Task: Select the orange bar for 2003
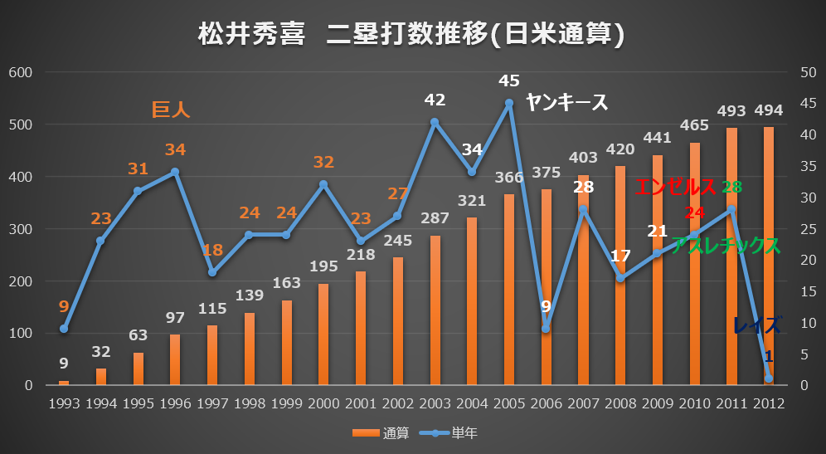[435, 311]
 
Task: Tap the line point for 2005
[509, 104]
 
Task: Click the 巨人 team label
[171, 110]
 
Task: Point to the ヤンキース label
[567, 102]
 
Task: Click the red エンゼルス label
[675, 187]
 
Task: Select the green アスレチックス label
[725, 246]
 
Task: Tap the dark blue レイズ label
[756, 325]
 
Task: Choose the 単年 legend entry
[454, 432]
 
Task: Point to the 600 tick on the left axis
[19, 72]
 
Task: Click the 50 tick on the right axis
[807, 72]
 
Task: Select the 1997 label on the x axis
[212, 404]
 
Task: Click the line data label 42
[435, 100]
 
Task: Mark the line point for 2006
[547, 329]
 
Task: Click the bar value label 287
[435, 219]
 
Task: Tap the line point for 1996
[175, 172]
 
